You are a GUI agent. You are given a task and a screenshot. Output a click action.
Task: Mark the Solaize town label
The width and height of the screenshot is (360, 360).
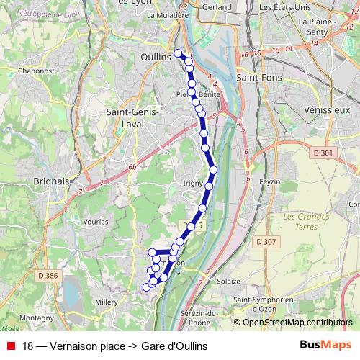click(228, 280)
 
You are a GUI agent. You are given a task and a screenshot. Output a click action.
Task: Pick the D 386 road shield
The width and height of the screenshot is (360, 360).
click(48, 276)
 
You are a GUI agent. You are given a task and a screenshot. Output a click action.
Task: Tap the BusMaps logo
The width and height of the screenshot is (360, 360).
click(325, 345)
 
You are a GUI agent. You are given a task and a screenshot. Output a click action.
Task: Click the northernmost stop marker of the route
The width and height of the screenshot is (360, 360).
click(179, 53)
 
